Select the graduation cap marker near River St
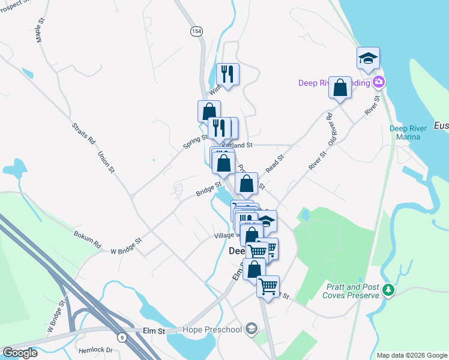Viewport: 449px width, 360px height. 368,59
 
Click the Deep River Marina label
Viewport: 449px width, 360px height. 408,132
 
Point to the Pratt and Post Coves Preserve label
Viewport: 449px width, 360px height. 352,291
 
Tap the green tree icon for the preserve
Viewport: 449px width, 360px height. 388,290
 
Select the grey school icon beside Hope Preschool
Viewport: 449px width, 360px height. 251,328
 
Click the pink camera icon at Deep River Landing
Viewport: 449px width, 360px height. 379,82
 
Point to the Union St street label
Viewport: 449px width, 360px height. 106,161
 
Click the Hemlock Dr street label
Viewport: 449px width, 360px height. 96,349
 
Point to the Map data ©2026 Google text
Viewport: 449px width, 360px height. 411,355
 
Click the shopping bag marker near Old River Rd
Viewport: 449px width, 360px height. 340,88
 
